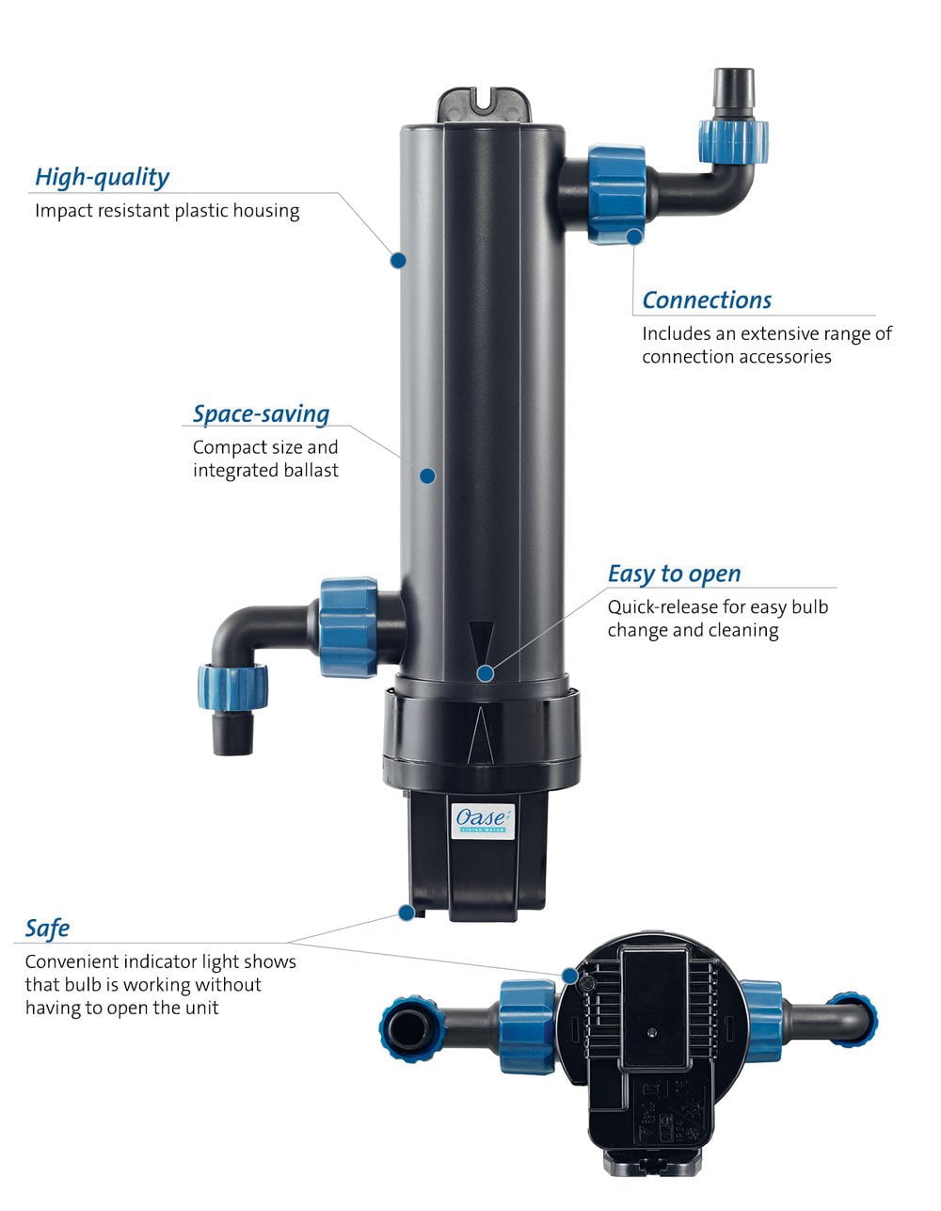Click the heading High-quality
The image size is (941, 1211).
102,177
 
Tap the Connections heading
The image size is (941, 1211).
707,300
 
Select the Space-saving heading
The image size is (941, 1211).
261,414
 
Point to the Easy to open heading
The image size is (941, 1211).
674,574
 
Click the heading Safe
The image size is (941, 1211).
47,928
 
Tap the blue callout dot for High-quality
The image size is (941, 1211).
398,259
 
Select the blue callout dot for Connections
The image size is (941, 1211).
636,236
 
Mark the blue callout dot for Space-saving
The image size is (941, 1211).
427,476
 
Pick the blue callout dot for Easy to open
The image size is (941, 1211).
486,673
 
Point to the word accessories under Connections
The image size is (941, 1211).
784,357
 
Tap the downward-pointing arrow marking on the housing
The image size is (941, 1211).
481,639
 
